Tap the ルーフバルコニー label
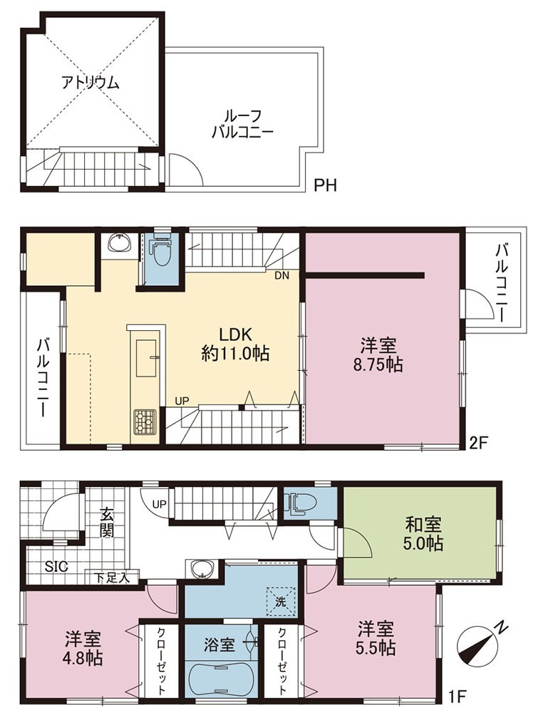[242, 123]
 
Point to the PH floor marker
[326, 185]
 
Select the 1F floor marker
[459, 695]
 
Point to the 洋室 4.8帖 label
[83, 648]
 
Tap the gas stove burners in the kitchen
[145, 421]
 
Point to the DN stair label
[281, 275]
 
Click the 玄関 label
[107, 522]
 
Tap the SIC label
[56, 567]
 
